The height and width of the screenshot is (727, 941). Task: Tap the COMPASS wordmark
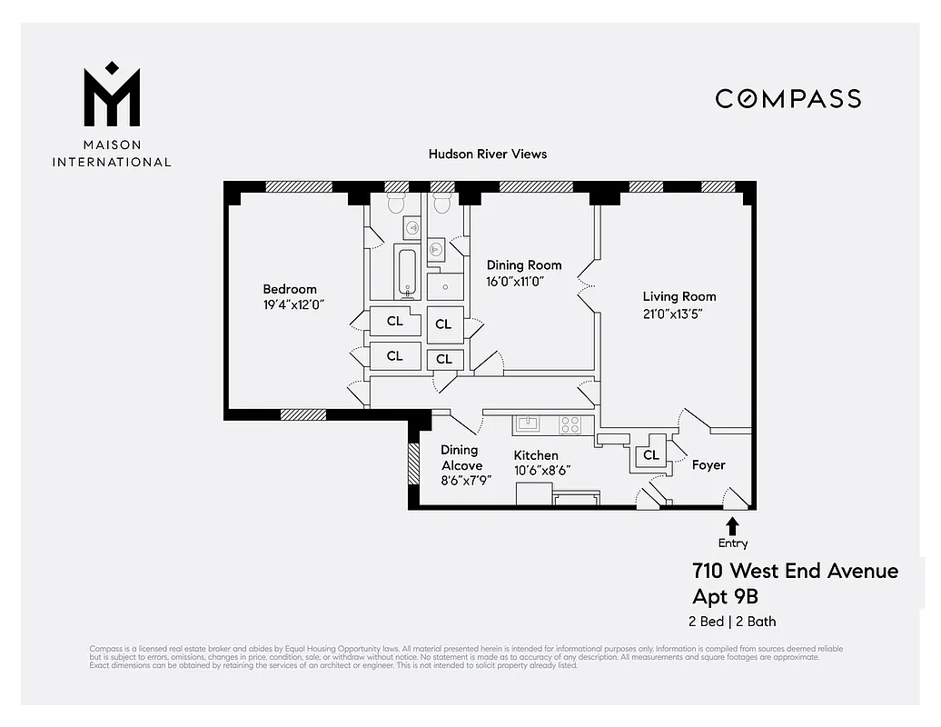tap(787, 98)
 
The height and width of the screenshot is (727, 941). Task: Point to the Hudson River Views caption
tap(488, 154)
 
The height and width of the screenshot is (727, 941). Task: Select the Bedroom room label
tap(290, 289)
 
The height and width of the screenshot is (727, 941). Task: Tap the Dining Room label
tap(524, 265)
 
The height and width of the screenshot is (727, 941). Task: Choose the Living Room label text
tap(679, 296)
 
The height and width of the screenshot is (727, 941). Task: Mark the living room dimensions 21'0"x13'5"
tap(673, 314)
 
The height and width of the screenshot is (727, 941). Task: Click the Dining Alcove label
tap(461, 457)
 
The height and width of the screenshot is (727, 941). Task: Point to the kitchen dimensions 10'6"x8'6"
tap(541, 471)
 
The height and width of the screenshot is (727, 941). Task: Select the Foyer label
tap(708, 465)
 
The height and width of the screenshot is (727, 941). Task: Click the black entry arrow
tap(732, 526)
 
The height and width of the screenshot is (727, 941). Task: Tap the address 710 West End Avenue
tap(795, 571)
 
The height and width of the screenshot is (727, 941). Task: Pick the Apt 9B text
tap(725, 597)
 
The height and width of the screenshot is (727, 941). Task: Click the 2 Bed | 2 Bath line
tap(732, 622)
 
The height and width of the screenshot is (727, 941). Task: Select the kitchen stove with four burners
tap(570, 423)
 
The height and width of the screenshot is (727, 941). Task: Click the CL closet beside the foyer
tap(650, 454)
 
